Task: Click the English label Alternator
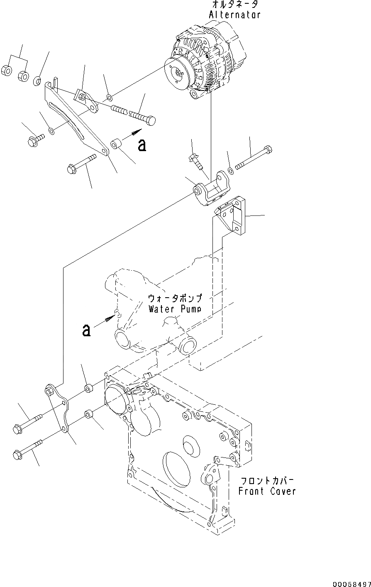(x=234, y=15)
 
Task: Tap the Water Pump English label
(x=174, y=309)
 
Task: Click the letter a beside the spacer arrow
(x=142, y=145)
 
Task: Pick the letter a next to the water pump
(x=86, y=330)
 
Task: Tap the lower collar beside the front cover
(x=88, y=414)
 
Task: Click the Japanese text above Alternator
(x=235, y=5)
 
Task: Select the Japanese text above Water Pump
(x=175, y=298)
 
